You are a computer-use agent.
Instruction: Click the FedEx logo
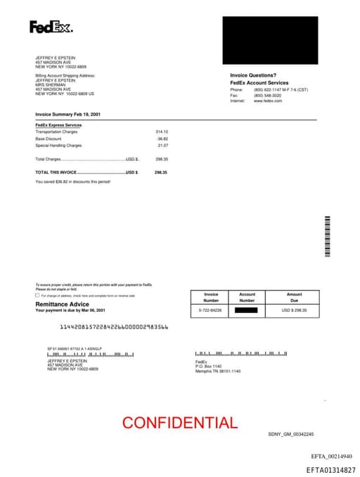point(51,27)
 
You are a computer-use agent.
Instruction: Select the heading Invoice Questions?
point(253,75)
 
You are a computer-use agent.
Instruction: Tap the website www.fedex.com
point(268,101)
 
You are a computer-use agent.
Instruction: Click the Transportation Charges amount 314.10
point(162,132)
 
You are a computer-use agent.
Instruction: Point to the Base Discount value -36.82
point(162,139)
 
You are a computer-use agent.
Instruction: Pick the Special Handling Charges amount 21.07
point(163,146)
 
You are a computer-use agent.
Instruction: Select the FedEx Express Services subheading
point(58,125)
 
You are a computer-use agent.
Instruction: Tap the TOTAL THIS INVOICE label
point(56,172)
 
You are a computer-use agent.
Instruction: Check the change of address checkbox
point(37,295)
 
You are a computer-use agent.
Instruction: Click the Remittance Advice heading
point(63,304)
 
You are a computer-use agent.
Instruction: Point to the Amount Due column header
point(295,297)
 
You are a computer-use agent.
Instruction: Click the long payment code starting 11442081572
point(114,327)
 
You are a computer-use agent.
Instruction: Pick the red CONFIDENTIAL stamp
point(180,423)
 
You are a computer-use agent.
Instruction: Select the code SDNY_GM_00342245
point(291,434)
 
